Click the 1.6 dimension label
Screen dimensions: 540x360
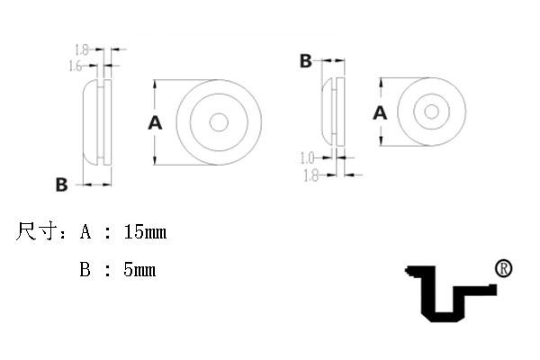[x=76, y=66]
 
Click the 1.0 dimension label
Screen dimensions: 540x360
[x=308, y=158]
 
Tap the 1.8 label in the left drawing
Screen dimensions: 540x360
[x=82, y=50]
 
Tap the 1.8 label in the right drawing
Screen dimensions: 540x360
[x=311, y=175]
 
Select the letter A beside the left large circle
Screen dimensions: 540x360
[x=155, y=123]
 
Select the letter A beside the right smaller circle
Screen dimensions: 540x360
[x=380, y=113]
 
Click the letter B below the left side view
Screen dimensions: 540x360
[x=61, y=184]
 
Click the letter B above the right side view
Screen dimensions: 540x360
[x=306, y=61]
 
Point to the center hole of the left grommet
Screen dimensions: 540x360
[x=219, y=122]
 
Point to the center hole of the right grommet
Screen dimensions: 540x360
[x=431, y=112]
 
